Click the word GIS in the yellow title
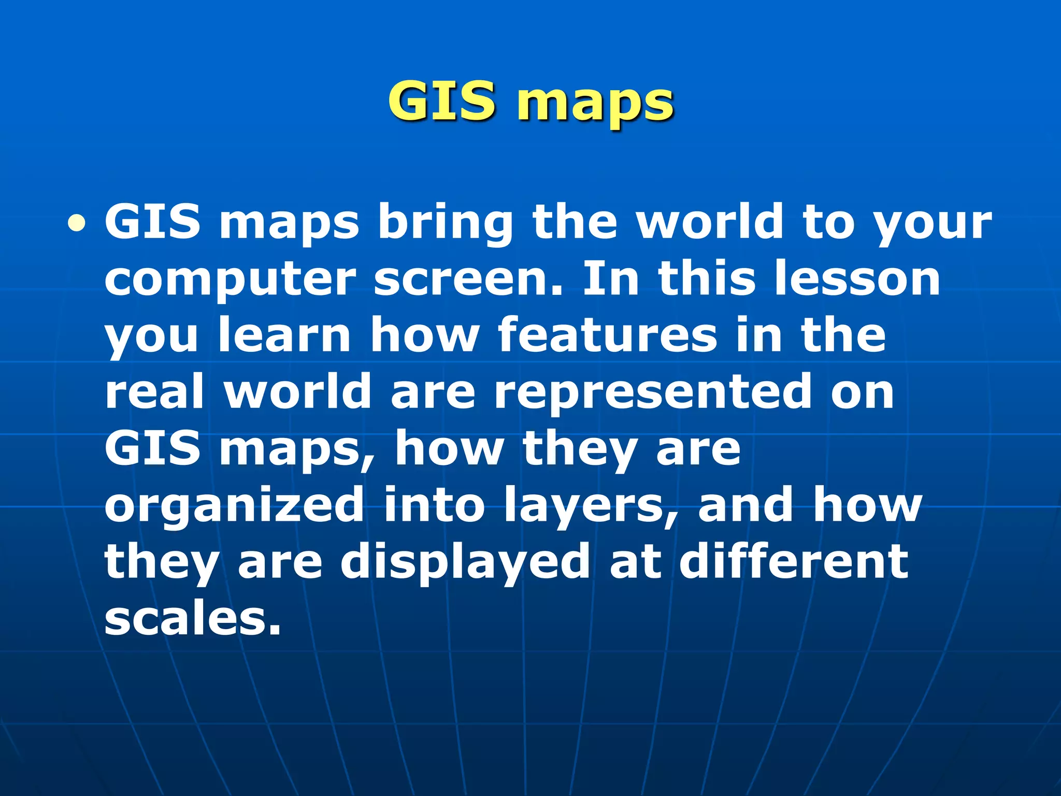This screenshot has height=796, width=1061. (x=441, y=101)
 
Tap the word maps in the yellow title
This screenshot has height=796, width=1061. (x=596, y=104)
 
